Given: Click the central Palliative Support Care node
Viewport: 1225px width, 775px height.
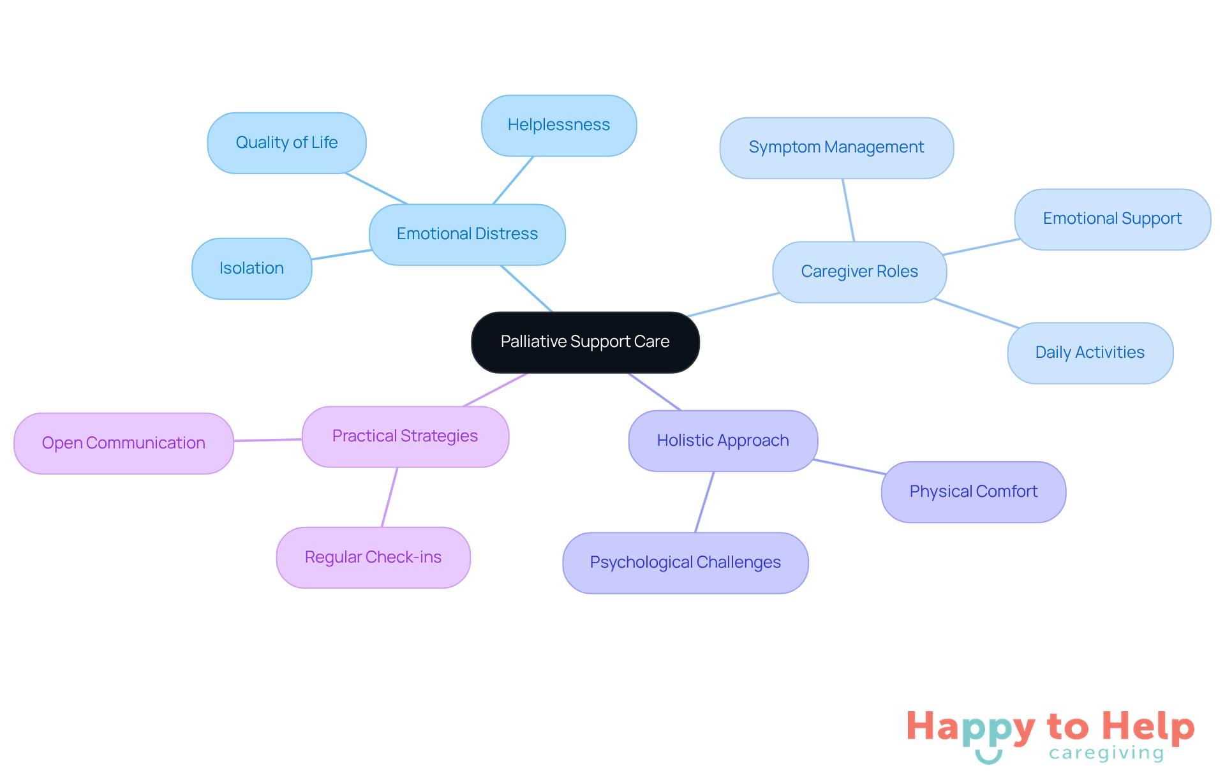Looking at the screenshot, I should (585, 342).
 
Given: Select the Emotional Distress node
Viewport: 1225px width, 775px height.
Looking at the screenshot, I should (467, 234).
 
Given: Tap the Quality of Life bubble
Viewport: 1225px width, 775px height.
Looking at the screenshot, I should (286, 143).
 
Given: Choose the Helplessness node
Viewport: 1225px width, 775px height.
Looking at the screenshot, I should (558, 125).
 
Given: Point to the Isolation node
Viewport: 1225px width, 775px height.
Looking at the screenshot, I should (251, 269).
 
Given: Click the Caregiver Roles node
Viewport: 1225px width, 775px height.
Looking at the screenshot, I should (859, 272).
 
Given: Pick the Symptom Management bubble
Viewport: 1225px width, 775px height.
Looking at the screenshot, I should (836, 147).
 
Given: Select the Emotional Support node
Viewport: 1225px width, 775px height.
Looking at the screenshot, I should (1112, 219).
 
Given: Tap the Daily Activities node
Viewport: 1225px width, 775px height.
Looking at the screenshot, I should (1090, 353).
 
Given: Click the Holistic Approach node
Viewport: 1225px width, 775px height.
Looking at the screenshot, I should (722, 441).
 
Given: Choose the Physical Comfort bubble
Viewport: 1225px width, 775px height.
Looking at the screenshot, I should (973, 492).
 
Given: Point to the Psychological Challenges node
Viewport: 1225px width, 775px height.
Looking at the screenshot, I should (685, 563).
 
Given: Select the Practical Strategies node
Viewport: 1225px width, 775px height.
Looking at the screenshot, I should (405, 436).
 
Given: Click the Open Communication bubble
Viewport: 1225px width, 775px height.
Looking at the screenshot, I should (123, 443).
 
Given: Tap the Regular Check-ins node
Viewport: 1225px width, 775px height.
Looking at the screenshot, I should (373, 557).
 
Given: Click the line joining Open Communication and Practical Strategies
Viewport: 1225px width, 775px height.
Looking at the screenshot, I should (268, 440).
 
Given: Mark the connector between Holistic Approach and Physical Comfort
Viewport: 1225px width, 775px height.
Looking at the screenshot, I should (849, 467).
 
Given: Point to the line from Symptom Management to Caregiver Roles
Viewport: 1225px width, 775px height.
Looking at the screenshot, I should (848, 210).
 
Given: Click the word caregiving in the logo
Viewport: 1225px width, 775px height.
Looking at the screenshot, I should (1106, 753).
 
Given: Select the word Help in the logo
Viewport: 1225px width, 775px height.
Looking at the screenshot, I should (1148, 727).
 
